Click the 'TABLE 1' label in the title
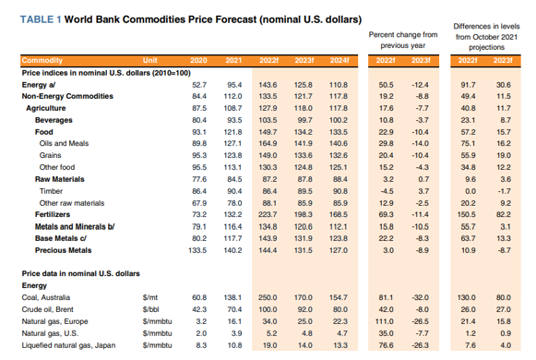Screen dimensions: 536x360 (x=41, y=19)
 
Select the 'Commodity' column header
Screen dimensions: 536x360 (x=42, y=61)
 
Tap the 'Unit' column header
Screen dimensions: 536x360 (x=150, y=61)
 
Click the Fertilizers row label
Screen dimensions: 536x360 (x=53, y=214)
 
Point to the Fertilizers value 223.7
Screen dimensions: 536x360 (x=268, y=214)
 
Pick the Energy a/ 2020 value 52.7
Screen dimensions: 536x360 (x=199, y=85)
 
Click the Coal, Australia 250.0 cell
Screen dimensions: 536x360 (x=268, y=297)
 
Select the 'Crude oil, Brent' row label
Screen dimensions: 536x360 (x=48, y=309)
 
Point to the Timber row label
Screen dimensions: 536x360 (x=51, y=191)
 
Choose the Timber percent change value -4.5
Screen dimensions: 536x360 (x=387, y=191)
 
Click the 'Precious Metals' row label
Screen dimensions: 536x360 (x=64, y=250)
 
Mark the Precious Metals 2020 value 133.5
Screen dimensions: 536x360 (x=197, y=250)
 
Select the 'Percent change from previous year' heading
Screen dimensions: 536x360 (x=403, y=40)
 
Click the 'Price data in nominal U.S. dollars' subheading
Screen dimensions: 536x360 (x=80, y=273)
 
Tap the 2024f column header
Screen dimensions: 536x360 (x=339, y=61)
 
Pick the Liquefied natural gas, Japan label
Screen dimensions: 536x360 (x=68, y=345)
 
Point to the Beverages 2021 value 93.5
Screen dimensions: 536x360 (x=234, y=120)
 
